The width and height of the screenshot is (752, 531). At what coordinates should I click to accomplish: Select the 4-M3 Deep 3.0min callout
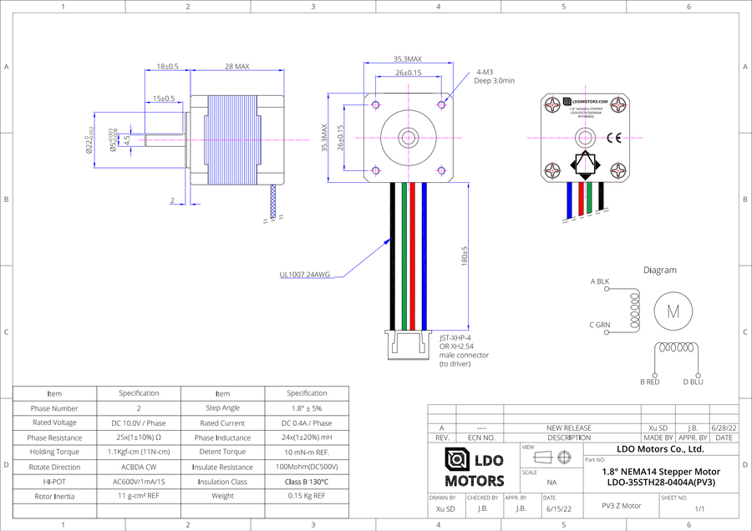pyautogui.click(x=494, y=76)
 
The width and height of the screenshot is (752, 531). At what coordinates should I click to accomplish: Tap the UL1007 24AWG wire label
pyautogui.click(x=305, y=274)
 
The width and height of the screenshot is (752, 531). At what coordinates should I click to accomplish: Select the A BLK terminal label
pyautogui.click(x=600, y=281)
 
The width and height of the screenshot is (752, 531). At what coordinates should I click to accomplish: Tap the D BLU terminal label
pyautogui.click(x=693, y=382)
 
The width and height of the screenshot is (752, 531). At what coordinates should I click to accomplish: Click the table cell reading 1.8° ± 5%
pyautogui.click(x=307, y=408)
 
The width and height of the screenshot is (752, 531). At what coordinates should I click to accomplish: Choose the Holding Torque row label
pyautogui.click(x=54, y=452)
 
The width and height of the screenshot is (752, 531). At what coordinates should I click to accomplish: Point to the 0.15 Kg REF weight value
pyautogui.click(x=307, y=496)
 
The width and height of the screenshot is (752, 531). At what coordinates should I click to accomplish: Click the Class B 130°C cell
pyautogui.click(x=307, y=482)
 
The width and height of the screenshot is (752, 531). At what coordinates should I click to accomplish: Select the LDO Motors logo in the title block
pyautogui.click(x=475, y=468)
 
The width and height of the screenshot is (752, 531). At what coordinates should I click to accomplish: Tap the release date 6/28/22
pyautogui.click(x=724, y=427)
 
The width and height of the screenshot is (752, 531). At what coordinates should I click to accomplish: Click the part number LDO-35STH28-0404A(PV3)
pyautogui.click(x=660, y=482)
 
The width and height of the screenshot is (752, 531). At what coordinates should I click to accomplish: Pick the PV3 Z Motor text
pyautogui.click(x=622, y=505)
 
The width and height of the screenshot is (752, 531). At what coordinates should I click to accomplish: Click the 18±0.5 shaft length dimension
pyautogui.click(x=165, y=66)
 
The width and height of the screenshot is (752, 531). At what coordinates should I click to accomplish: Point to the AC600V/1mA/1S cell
pyautogui.click(x=139, y=482)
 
